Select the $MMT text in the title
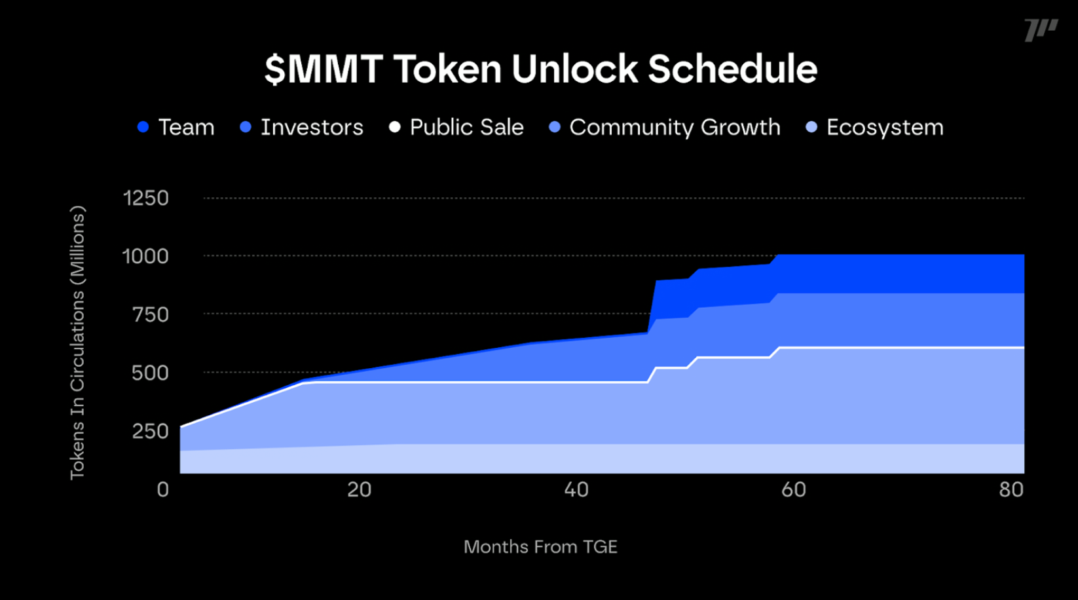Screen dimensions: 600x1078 pyautogui.click(x=324, y=69)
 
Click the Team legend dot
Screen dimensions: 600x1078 pyautogui.click(x=143, y=127)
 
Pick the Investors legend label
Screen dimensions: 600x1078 pyautogui.click(x=312, y=127)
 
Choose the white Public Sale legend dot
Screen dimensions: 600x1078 pyautogui.click(x=394, y=127)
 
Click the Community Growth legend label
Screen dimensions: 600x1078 pyautogui.click(x=675, y=127)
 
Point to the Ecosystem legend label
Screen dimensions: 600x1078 pyautogui.click(x=885, y=127)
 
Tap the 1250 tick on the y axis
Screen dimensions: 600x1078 pyautogui.click(x=145, y=198)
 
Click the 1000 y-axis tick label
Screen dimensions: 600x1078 pyautogui.click(x=145, y=256)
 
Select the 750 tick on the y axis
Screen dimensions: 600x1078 pyautogui.click(x=150, y=314)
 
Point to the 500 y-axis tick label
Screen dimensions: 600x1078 pyautogui.click(x=150, y=373)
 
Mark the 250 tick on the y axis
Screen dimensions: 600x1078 pyautogui.click(x=150, y=431)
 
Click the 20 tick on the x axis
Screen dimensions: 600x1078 pyautogui.click(x=359, y=489)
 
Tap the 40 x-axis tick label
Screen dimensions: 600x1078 pyautogui.click(x=576, y=489)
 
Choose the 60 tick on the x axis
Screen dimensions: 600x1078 pyautogui.click(x=793, y=489)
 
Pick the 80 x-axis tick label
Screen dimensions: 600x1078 pyautogui.click(x=1011, y=489)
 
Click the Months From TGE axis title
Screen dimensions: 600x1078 pyautogui.click(x=540, y=547)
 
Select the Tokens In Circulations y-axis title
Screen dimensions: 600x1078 pyautogui.click(x=77, y=343)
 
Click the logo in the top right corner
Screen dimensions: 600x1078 pyautogui.click(x=1041, y=29)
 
